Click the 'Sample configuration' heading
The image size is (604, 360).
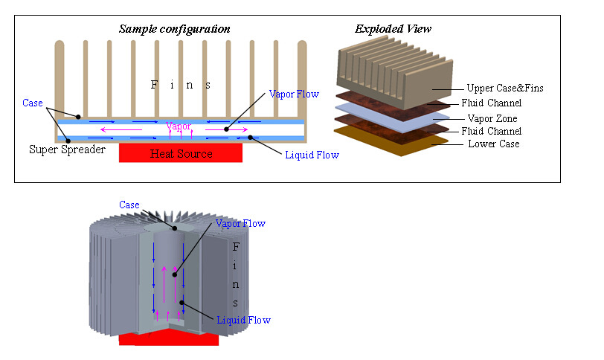coord(175,29)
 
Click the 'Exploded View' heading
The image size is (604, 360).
coord(393,29)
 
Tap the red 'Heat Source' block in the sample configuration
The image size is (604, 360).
coord(181,153)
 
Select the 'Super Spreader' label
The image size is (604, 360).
coord(66,150)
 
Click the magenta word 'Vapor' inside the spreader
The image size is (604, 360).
coord(179,126)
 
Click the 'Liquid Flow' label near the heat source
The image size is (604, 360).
coord(312,155)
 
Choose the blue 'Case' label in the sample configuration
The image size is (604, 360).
coord(33,102)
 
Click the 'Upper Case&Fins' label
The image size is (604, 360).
coord(505,89)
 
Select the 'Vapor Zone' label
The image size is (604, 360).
coord(493,118)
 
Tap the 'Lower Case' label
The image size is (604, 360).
coord(493,144)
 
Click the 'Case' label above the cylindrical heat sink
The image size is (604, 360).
coord(129,205)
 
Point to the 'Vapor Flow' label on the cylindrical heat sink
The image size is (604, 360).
coord(240,223)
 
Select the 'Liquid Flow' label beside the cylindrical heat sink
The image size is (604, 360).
coord(243,320)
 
